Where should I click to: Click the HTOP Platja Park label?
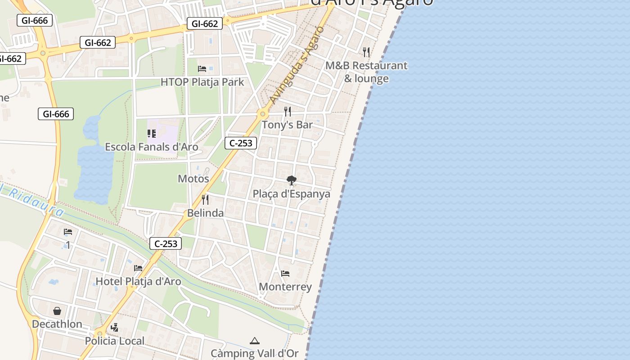202,82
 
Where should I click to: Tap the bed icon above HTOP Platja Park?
202,69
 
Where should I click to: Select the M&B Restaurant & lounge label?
366,72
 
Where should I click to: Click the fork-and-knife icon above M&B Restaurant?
366,52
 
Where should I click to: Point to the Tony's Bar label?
287,125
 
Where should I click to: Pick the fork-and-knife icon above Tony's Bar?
287,112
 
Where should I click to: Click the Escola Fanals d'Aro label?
152,147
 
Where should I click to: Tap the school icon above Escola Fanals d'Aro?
152,134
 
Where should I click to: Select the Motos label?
193,179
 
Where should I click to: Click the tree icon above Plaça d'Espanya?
292,180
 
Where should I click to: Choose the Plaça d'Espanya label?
292,194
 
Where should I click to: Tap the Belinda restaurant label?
205,213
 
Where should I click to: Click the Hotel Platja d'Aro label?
138,282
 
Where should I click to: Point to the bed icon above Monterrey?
285,274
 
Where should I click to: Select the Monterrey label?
285,287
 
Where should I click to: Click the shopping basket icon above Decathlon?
57,311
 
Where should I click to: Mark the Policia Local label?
115,341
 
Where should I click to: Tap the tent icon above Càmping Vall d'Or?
255,341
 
